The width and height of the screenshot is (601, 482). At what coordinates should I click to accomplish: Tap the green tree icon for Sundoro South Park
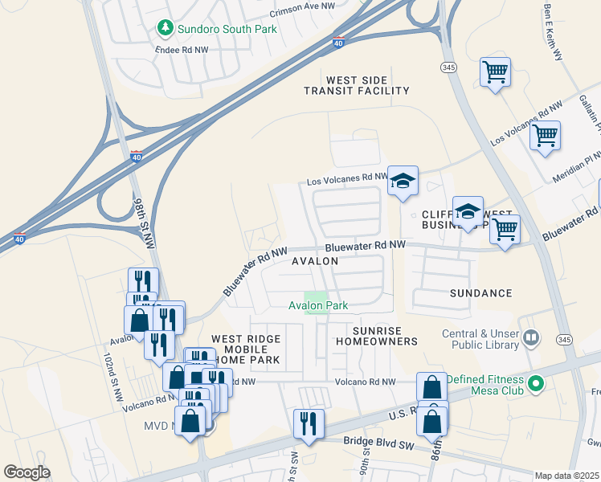[x=166, y=29]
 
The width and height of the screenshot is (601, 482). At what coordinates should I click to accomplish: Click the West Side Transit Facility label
[x=357, y=86]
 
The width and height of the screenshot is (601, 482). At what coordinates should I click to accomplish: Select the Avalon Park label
[x=319, y=305]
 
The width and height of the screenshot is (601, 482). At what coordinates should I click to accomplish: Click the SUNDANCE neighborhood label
[x=481, y=294]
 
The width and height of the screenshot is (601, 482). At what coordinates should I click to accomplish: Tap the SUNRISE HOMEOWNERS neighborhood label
[x=385, y=336]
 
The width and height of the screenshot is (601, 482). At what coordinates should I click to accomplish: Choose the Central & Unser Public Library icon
[x=530, y=338]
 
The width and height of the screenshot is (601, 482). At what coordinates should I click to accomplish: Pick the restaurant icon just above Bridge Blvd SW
[x=309, y=423]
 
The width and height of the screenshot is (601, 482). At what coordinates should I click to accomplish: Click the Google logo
[x=27, y=472]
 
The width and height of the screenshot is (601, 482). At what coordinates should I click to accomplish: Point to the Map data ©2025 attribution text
[x=566, y=476]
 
